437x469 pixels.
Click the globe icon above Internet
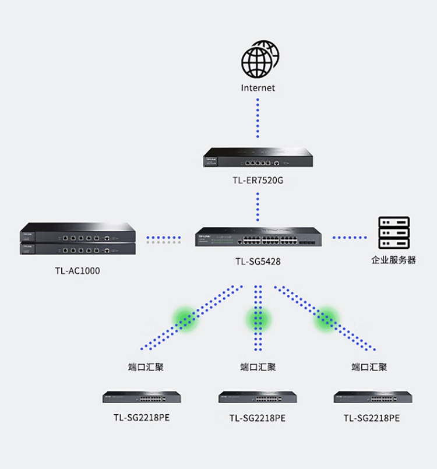(x=258, y=59)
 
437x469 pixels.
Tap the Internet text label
(x=258, y=88)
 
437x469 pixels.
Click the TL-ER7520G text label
(x=258, y=181)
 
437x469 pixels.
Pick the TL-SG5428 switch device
(x=258, y=237)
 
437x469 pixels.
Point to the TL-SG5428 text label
(x=258, y=262)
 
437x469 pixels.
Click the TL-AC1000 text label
(x=77, y=270)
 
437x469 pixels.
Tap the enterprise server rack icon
(x=394, y=234)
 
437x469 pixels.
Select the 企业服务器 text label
(x=394, y=260)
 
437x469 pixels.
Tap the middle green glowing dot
(x=258, y=318)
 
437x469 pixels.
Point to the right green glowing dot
(x=327, y=318)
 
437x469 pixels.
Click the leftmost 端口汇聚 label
(x=145, y=367)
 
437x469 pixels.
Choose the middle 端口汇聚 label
(x=258, y=367)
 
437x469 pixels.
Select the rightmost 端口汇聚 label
(x=369, y=367)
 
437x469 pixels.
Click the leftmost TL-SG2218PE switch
(x=142, y=397)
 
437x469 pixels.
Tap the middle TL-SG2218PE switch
(x=258, y=397)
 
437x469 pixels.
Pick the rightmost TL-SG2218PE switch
(x=373, y=397)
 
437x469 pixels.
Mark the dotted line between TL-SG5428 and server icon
(x=350, y=238)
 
